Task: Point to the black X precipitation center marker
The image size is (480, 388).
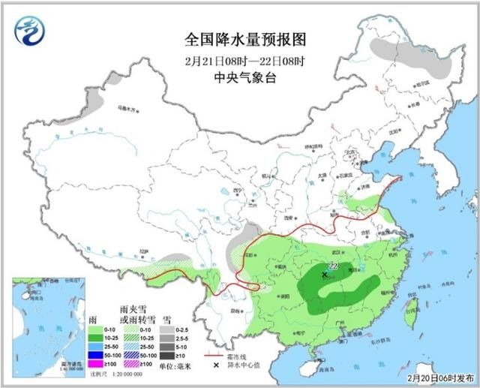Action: [324, 275]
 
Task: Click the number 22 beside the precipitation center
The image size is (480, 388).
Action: [333, 266]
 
